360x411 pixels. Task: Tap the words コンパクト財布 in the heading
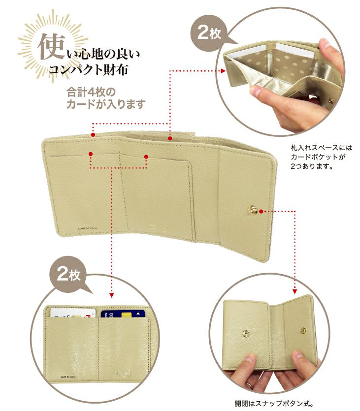point(89,69)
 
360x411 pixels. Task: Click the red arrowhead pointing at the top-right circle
point(223,71)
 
